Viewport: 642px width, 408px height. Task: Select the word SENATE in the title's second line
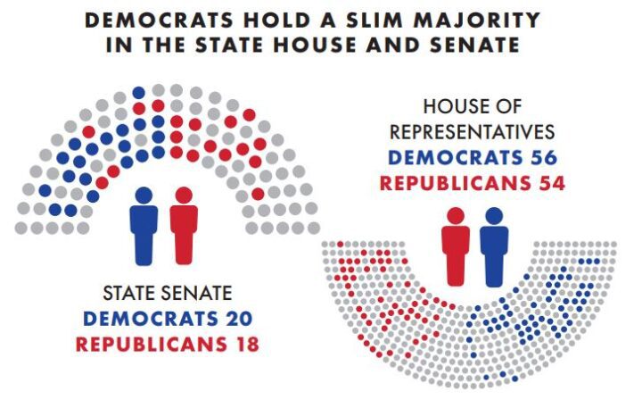coord(466,45)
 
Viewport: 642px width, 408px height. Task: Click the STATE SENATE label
coord(168,292)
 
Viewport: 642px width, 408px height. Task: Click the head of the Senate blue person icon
coord(144,195)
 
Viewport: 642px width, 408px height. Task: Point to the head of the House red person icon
coord(456,216)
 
